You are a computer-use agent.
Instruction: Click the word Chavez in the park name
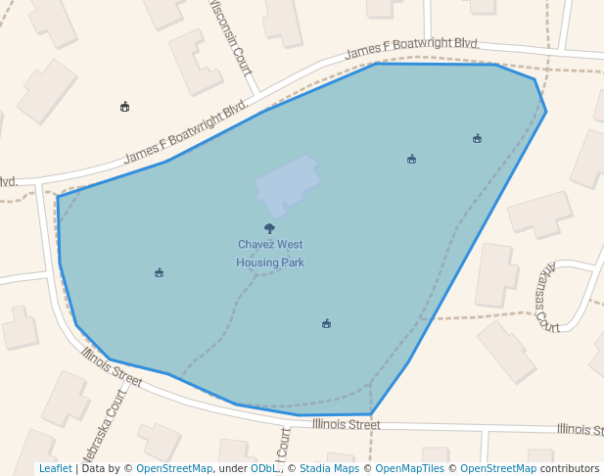[256, 244]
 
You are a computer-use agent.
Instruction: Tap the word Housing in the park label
[257, 262]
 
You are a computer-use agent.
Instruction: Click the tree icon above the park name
[270, 228]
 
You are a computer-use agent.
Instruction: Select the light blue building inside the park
[287, 183]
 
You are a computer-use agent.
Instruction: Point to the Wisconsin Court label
[231, 37]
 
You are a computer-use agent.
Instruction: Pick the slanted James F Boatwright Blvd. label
[186, 136]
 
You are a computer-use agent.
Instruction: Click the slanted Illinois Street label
[112, 366]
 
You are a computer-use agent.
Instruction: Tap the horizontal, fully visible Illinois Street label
[346, 424]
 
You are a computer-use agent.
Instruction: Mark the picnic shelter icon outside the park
[124, 106]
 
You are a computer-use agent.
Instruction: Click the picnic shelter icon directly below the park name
[326, 323]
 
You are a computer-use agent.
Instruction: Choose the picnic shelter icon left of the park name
[159, 272]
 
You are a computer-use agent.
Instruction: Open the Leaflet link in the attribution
[55, 469]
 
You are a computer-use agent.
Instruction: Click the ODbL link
[265, 469]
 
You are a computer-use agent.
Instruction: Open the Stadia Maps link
[329, 469]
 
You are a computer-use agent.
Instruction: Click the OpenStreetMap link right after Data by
[174, 469]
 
